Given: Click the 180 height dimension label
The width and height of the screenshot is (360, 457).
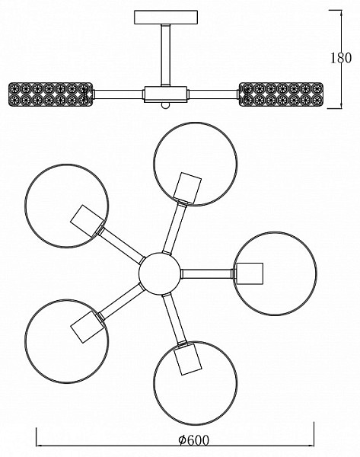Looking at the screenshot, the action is coord(341,58).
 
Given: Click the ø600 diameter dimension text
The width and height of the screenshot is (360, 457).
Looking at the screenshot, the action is coord(193,439).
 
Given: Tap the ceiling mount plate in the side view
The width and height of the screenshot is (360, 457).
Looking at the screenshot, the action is coord(166,18).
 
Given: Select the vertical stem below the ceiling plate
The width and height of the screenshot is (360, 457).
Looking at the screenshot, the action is coord(166,55).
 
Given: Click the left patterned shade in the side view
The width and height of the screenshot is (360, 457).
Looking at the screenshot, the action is coord(50,94).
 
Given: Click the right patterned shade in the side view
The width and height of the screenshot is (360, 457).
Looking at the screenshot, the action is coord(281,94).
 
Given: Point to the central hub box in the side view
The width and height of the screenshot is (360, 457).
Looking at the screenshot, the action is coord(165,94).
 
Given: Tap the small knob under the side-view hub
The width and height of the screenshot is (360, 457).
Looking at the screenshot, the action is coord(165,105).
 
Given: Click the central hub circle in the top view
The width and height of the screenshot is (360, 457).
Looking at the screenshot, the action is coord(159,273).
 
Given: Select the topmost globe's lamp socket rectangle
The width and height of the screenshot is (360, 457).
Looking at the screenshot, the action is coord(188,188).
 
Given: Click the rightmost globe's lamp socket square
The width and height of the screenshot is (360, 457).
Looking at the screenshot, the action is coord(250,273).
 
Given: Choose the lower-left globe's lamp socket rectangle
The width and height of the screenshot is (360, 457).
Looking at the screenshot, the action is coord(87,327).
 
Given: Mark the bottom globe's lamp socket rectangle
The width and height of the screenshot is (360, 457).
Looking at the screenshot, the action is coord(188,359).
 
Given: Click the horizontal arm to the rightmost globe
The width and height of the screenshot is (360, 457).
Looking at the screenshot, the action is coord(207,273).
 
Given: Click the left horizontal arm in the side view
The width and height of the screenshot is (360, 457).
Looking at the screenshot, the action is coord(118,94).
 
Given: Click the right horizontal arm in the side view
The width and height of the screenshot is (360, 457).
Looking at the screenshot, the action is coord(213,94).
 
